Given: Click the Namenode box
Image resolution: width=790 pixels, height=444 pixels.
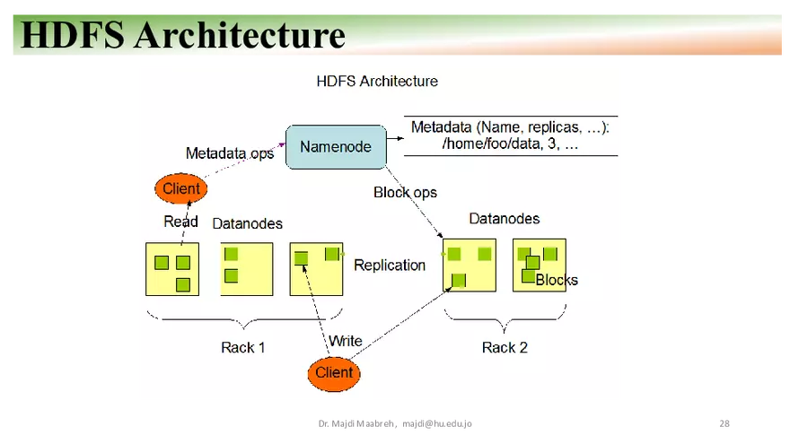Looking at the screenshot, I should [x=335, y=147].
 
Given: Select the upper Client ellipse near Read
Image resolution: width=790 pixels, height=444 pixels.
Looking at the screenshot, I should [x=180, y=189].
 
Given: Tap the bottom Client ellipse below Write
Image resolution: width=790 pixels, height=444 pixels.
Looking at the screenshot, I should [x=334, y=373].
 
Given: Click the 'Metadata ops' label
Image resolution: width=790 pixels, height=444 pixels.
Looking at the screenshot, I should [x=230, y=153].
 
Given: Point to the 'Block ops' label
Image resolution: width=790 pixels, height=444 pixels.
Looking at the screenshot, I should [x=405, y=192].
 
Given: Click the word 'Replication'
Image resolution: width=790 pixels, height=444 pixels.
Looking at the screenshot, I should [x=390, y=266].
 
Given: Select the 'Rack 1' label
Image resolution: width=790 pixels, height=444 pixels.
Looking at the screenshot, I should [x=242, y=347].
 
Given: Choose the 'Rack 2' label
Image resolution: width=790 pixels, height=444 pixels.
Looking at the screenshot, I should [x=505, y=347].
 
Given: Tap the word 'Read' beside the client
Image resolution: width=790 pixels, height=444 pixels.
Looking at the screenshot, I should [x=180, y=222].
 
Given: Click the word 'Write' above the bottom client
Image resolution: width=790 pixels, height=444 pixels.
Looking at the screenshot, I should [x=345, y=341].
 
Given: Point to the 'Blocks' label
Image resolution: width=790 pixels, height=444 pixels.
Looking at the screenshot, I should [x=557, y=280].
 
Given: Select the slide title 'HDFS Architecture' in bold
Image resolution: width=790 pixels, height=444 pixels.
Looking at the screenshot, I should [x=183, y=35].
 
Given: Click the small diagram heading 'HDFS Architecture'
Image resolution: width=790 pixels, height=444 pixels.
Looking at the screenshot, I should [x=377, y=82].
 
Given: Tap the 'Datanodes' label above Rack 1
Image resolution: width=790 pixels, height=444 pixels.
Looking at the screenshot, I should [x=247, y=223].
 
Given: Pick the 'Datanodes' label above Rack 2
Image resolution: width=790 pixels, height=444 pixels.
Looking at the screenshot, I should [x=505, y=219].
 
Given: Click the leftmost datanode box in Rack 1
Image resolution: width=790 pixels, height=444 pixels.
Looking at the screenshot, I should [x=172, y=269].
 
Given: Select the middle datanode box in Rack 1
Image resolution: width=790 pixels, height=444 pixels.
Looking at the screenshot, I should [x=247, y=269].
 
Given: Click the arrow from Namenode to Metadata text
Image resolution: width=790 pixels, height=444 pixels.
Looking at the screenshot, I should [x=392, y=139].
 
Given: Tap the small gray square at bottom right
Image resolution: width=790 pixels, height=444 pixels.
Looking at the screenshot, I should [x=725, y=423].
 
